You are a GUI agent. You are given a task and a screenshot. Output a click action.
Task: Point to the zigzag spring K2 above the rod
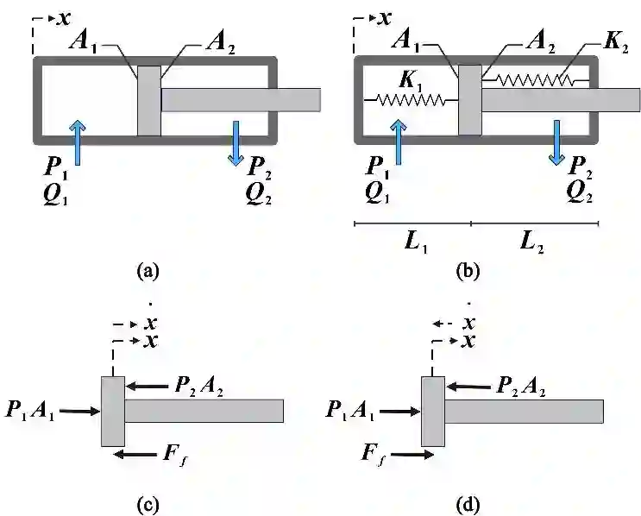535,80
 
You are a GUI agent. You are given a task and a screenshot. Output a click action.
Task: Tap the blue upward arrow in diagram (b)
398,140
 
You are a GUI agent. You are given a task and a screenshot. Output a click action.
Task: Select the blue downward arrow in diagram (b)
557,142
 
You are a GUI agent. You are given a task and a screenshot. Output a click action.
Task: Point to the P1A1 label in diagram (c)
28,411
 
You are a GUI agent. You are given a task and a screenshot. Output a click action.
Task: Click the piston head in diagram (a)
149,100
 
